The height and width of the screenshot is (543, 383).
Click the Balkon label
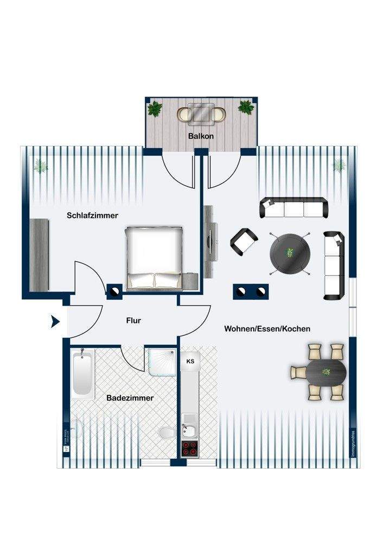[x=201, y=136]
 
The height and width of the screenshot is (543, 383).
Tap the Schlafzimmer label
[x=93, y=216]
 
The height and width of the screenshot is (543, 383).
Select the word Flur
[x=133, y=321]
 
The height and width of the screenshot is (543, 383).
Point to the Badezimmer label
[x=130, y=398]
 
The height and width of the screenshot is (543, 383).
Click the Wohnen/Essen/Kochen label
[x=267, y=329]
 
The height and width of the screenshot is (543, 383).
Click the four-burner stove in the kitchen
[x=190, y=449]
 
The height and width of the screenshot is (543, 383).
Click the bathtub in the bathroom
[x=82, y=373]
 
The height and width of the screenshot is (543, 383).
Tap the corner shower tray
[x=161, y=361]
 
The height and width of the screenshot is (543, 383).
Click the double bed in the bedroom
[x=155, y=257]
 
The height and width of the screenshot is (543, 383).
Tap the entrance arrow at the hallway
[x=55, y=321]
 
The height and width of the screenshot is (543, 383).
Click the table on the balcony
[x=201, y=114]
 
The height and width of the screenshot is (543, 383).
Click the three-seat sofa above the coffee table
[x=295, y=208]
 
